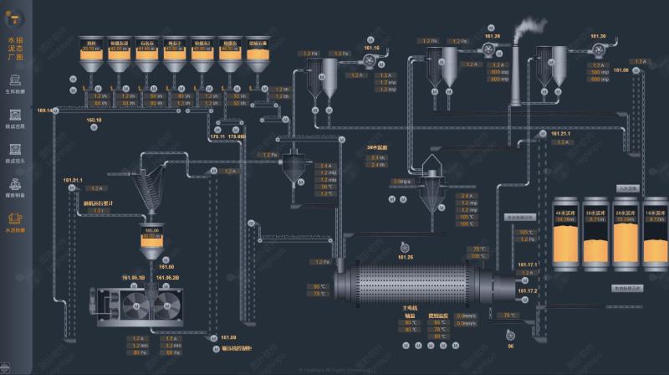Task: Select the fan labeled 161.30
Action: (x=598, y=49)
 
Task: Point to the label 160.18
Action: (x=94, y=120)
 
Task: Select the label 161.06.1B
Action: (x=134, y=277)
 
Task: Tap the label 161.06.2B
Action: (x=166, y=277)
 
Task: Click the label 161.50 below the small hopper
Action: (x=166, y=267)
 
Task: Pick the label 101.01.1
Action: (x=73, y=180)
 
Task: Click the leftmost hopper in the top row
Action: (x=91, y=54)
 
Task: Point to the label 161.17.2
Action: (x=529, y=290)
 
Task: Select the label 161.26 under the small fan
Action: (x=406, y=257)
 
